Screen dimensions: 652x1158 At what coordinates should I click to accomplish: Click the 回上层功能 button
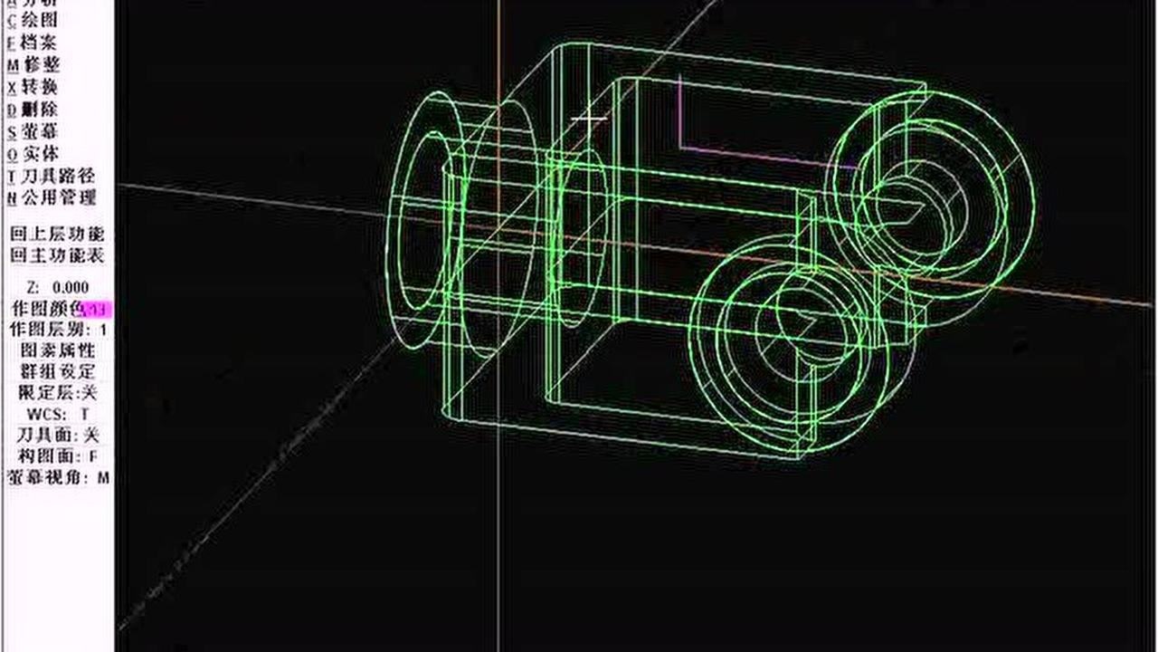click(x=57, y=234)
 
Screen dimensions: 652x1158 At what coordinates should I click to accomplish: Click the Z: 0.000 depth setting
click(x=57, y=287)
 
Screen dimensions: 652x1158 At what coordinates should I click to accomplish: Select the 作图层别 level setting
click(x=57, y=330)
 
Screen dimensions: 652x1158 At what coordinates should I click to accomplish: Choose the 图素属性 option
click(x=57, y=350)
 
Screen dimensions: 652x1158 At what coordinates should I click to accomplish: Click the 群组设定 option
click(x=57, y=371)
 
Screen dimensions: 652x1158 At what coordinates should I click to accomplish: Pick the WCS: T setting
click(x=57, y=414)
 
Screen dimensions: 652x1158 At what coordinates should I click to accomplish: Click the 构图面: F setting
click(x=57, y=456)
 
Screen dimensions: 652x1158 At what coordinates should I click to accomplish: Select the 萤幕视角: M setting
click(x=57, y=477)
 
